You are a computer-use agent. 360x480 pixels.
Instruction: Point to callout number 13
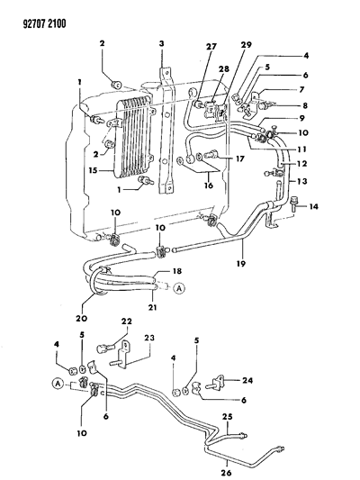point(302,181)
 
